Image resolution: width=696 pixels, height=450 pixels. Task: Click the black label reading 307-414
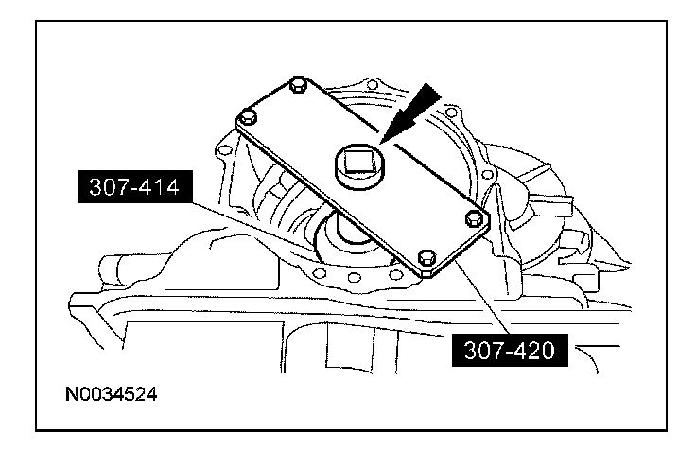(x=135, y=187)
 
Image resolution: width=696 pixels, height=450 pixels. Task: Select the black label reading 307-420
(x=510, y=350)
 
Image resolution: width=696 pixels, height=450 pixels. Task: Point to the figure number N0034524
(x=111, y=394)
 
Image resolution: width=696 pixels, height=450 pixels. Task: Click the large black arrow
(x=409, y=113)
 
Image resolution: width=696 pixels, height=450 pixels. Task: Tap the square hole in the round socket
(x=358, y=163)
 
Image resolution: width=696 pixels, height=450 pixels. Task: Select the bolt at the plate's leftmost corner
(x=248, y=117)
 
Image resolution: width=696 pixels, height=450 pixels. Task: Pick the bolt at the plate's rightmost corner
(x=474, y=217)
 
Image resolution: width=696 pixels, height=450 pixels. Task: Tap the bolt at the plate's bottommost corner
(x=426, y=256)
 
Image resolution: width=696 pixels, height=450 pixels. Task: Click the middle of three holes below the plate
(x=354, y=277)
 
